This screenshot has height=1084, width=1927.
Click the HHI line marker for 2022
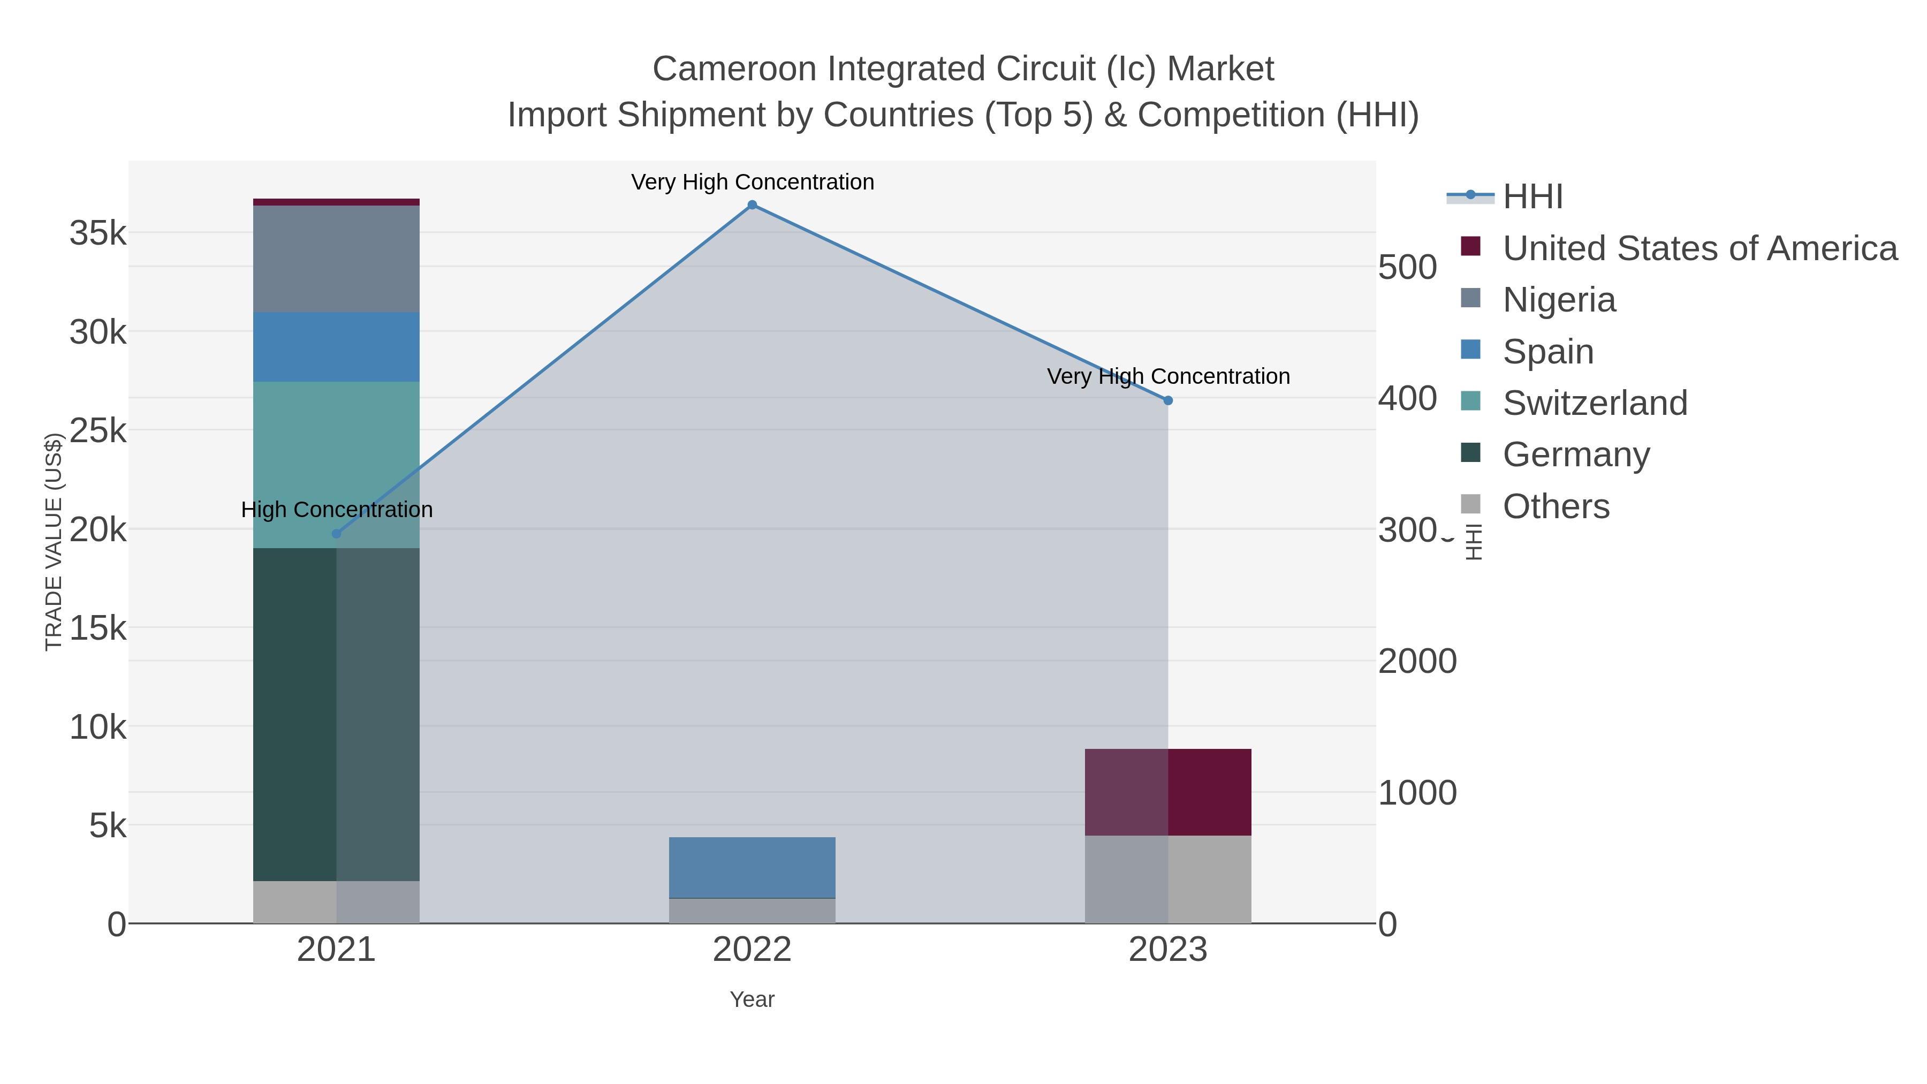point(752,205)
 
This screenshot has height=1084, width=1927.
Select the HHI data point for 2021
point(336,533)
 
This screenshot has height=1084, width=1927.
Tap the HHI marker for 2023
point(1168,400)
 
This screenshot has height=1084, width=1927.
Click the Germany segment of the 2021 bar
point(336,715)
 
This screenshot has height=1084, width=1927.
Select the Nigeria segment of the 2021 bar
point(336,258)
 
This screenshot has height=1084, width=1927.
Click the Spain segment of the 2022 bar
point(752,867)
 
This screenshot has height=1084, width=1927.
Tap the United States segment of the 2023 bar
point(1168,792)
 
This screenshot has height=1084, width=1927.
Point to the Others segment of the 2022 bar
point(752,911)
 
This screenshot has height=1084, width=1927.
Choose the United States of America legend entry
point(1699,248)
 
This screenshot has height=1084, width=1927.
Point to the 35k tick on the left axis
point(98,233)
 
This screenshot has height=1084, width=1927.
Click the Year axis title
point(752,999)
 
